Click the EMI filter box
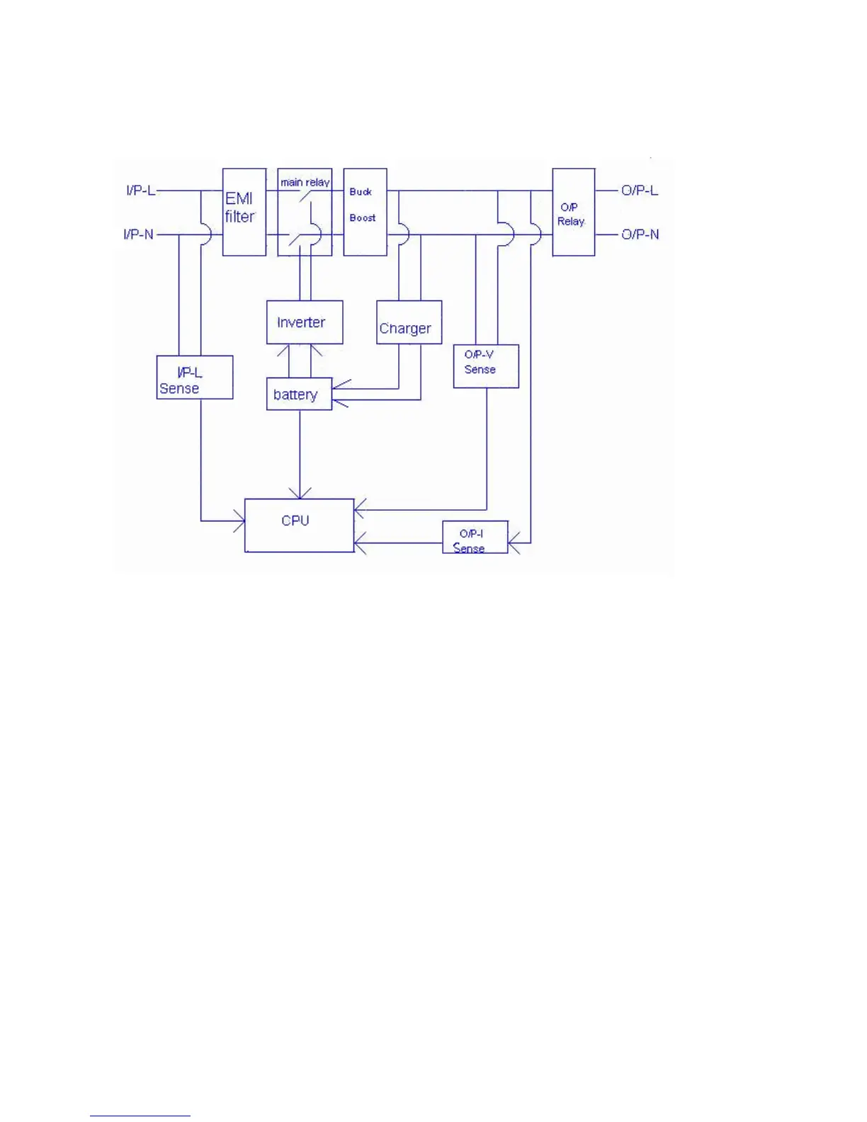[x=244, y=212]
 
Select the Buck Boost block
[x=365, y=212]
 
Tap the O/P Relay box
[x=573, y=212]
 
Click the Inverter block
[x=305, y=322]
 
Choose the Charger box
[x=409, y=322]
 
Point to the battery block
[x=299, y=395]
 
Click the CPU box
[x=299, y=525]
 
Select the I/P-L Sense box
[x=194, y=378]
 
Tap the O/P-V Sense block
[x=486, y=366]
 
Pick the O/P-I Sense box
[x=475, y=538]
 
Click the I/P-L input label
[x=140, y=191]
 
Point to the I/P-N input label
[x=138, y=234]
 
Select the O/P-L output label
[x=640, y=191]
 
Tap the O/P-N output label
[x=640, y=234]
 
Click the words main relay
[x=305, y=182]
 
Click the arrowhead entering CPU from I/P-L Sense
[x=239, y=521]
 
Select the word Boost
[x=363, y=218]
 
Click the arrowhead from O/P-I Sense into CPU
[x=359, y=543]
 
